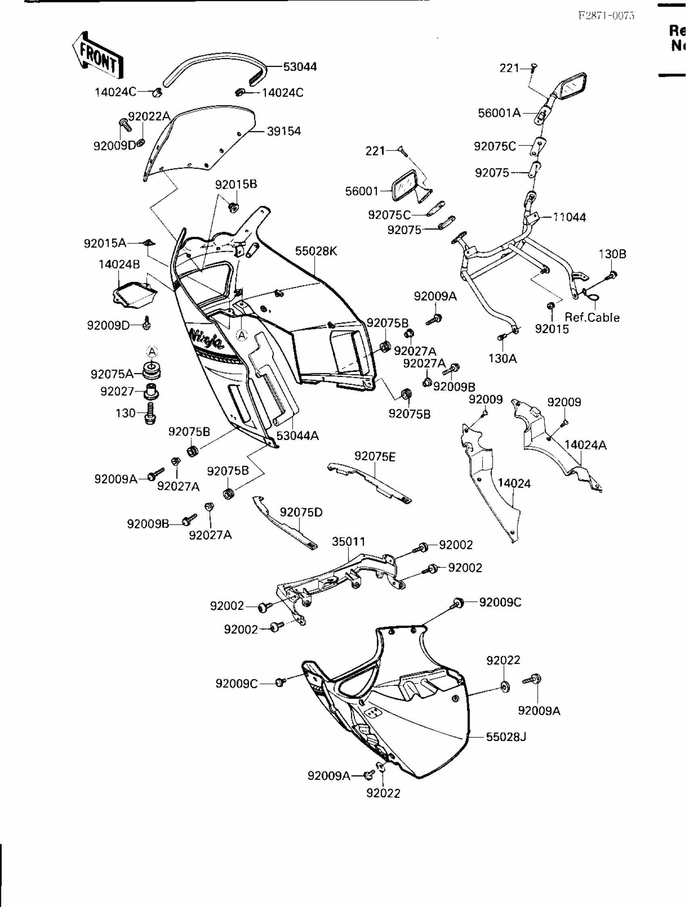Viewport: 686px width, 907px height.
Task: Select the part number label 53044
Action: tap(300, 67)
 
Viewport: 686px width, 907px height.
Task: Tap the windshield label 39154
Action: tap(284, 131)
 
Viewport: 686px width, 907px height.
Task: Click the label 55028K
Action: tap(316, 251)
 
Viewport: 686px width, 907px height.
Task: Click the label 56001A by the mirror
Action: tap(499, 113)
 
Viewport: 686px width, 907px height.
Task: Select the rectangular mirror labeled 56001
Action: tap(405, 186)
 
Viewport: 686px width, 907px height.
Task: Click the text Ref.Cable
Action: tap(592, 318)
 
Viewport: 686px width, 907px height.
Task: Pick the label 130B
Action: tap(612, 254)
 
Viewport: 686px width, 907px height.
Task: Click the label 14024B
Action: tap(119, 264)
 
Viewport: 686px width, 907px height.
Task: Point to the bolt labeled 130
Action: tap(150, 413)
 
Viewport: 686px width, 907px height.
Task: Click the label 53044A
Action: tap(297, 436)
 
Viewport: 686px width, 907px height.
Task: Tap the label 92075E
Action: tap(374, 457)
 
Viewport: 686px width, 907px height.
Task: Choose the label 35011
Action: tap(348, 542)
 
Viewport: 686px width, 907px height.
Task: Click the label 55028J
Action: tap(506, 748)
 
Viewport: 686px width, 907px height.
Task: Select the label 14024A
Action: tap(585, 445)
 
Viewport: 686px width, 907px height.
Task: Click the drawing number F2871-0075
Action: tap(606, 16)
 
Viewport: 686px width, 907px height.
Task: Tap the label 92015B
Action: tap(236, 184)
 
